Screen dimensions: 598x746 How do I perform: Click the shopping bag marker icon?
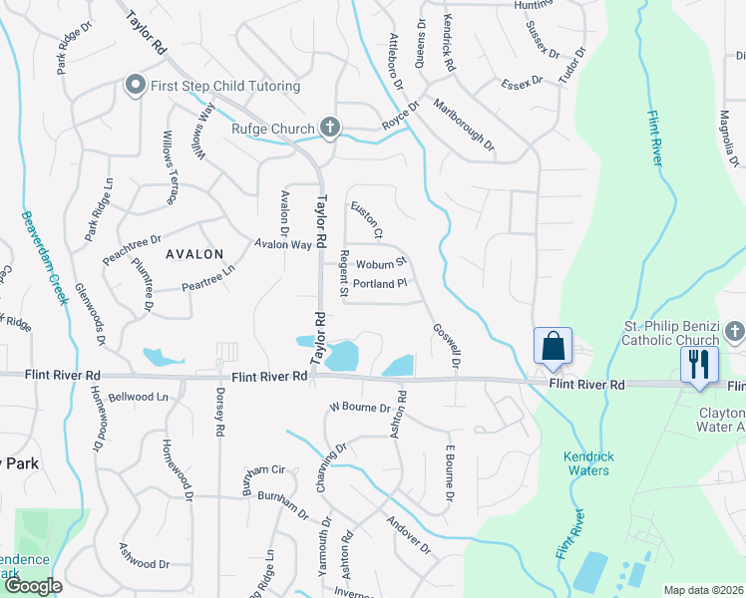pyautogui.click(x=553, y=347)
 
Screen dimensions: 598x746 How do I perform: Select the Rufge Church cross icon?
pyautogui.click(x=330, y=128)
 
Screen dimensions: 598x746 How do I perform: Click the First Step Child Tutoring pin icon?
pyautogui.click(x=134, y=86)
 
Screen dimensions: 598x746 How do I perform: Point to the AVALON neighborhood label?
pyautogui.click(x=194, y=254)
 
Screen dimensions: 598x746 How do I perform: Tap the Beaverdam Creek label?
pyautogui.click(x=41, y=257)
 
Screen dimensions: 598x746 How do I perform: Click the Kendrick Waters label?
pyautogui.click(x=585, y=463)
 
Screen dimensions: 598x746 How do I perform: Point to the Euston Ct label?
pyautogui.click(x=366, y=220)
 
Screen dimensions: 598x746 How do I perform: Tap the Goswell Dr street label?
pyautogui.click(x=446, y=346)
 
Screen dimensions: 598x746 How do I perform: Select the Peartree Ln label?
pyautogui.click(x=207, y=278)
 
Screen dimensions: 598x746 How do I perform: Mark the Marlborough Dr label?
pyautogui.click(x=465, y=125)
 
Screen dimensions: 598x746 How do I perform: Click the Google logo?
pyautogui.click(x=33, y=586)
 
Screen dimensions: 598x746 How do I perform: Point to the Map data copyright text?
pyautogui.click(x=703, y=590)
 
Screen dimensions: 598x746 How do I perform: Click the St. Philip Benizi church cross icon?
pyautogui.click(x=733, y=329)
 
